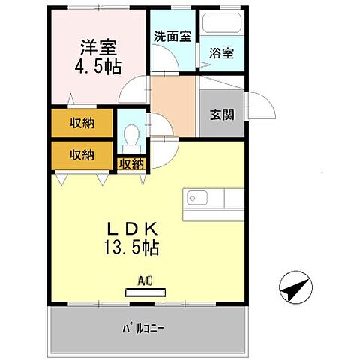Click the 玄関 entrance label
point(221,115)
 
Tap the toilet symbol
point(131,136)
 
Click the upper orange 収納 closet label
point(82,124)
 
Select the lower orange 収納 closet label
point(82,155)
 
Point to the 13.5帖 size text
point(136,245)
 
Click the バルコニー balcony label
point(143,328)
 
